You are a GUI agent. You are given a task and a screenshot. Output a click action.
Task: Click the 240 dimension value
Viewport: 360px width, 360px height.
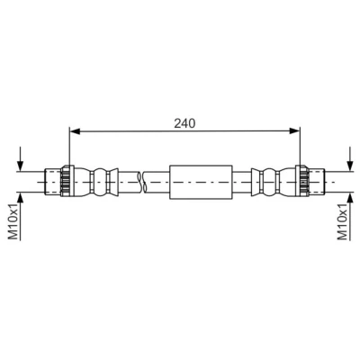click(x=184, y=123)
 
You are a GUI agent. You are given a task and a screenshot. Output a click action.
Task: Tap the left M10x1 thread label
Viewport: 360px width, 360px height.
click(x=13, y=221)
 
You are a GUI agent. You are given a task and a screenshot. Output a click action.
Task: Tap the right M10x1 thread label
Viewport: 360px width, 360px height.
click(x=342, y=221)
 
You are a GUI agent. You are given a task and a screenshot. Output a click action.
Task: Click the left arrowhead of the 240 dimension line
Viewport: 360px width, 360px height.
click(x=75, y=131)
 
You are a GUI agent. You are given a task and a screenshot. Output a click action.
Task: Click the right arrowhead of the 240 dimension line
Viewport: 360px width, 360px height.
click(x=294, y=130)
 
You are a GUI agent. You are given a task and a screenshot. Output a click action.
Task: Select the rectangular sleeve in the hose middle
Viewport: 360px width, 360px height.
click(x=201, y=182)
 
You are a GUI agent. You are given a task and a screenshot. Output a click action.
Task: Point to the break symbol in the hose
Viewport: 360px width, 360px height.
click(x=141, y=182)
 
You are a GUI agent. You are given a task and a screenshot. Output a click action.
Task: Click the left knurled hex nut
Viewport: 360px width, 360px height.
click(x=67, y=181)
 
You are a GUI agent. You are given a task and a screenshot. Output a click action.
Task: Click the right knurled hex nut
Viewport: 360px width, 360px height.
click(x=302, y=181)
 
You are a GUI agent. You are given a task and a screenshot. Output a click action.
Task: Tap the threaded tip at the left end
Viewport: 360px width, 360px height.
click(x=52, y=182)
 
